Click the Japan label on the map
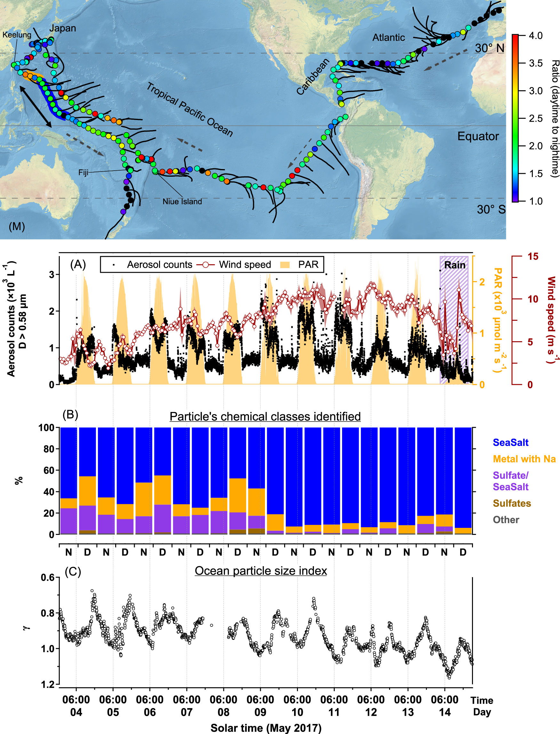pyautogui.click(x=63, y=28)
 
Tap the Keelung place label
pyautogui.click(x=17, y=35)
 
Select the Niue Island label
pyautogui.click(x=182, y=201)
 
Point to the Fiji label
pyautogui.click(x=83, y=173)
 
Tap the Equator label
pyautogui.click(x=478, y=136)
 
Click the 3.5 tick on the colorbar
pyautogui.click(x=535, y=63)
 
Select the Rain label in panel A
pyautogui.click(x=455, y=265)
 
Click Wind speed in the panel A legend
pyautogui.click(x=245, y=264)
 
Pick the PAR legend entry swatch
pyautogui.click(x=285, y=265)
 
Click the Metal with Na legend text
pyautogui.click(x=524, y=459)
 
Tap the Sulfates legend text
pyautogui.click(x=512, y=503)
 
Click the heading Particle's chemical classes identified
pyautogui.click(x=265, y=416)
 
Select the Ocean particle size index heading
pyautogui.click(x=261, y=571)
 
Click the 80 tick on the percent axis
pyautogui.click(x=49, y=449)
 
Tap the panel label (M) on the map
pyautogui.click(x=17, y=226)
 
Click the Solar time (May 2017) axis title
pyautogui.click(x=266, y=728)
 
